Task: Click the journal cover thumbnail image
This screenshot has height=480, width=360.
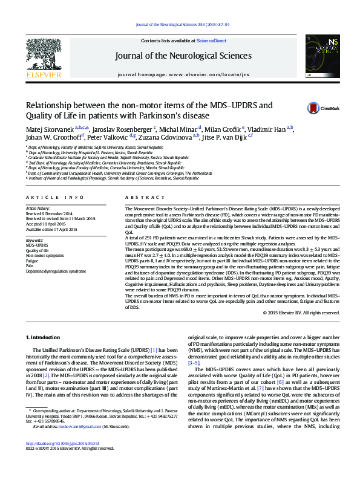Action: (322, 56)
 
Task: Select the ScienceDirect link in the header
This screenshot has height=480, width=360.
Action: (211, 41)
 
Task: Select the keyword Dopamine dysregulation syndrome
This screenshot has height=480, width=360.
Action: (55, 271)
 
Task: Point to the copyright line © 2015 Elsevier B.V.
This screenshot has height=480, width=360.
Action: (301, 313)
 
